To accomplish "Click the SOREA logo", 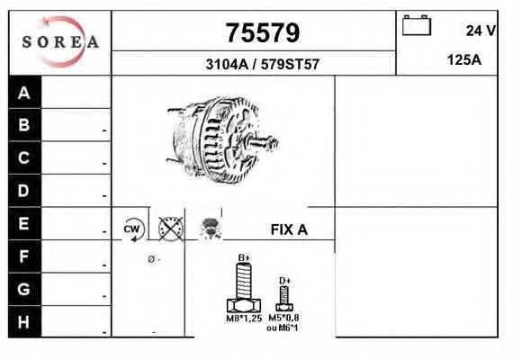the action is coord(60,42).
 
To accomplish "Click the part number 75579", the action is coord(263,33).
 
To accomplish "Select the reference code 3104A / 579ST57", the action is coord(263,64).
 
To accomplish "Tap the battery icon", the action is coord(417,25).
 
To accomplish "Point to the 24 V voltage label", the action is coord(481,31).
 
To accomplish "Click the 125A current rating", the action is coord(464,60).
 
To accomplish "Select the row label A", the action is coord(24,93).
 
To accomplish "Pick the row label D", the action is coord(23,191).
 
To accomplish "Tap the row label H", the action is coord(23,322).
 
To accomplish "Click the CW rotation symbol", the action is coord(132,229).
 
